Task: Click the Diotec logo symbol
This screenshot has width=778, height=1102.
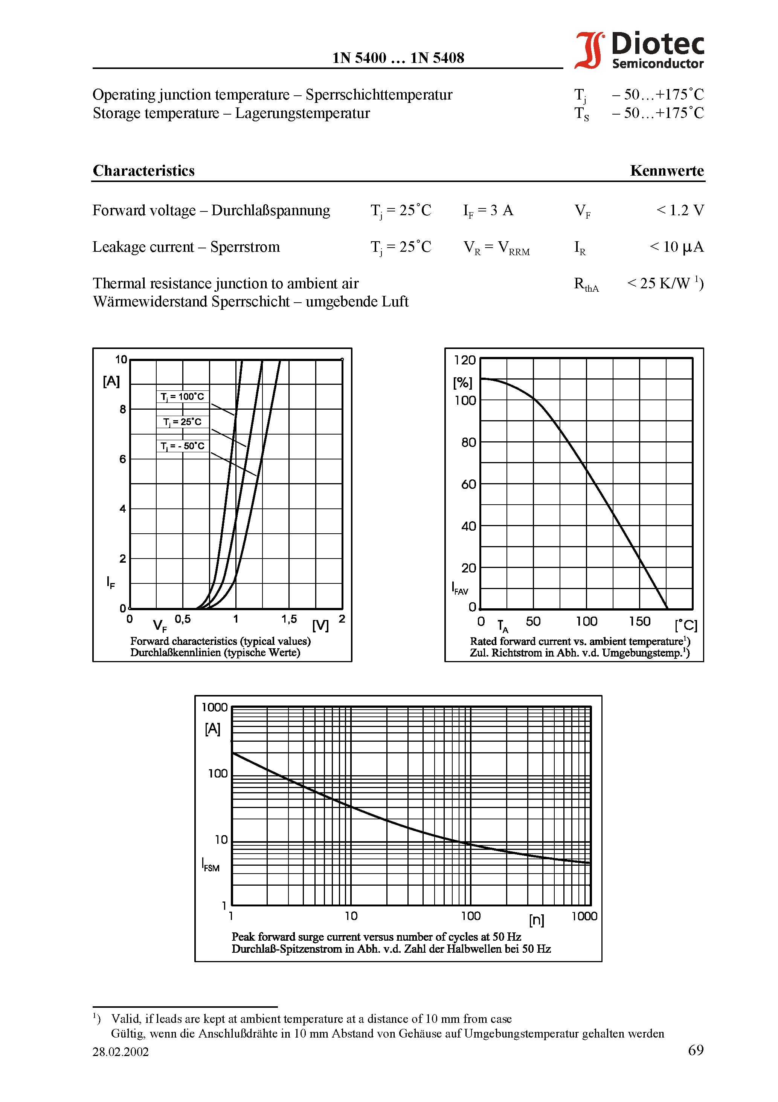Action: [589, 51]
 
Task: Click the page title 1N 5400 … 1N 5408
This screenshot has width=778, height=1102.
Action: [398, 58]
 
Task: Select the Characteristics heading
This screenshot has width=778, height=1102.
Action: [143, 171]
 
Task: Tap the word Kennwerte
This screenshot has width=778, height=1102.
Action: [667, 171]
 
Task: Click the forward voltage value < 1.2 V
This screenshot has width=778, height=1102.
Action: [680, 210]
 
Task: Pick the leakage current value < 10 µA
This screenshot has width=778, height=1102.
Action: [676, 247]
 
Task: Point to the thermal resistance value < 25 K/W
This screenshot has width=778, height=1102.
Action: [665, 283]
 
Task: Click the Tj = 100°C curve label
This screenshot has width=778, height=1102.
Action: [182, 396]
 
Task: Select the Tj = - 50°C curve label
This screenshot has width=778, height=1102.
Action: [182, 446]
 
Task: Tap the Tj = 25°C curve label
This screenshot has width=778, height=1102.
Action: [182, 422]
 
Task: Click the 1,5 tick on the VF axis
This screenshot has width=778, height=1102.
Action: [289, 619]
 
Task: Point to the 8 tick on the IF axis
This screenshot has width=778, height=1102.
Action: [123, 409]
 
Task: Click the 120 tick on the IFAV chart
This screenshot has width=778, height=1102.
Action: [464, 360]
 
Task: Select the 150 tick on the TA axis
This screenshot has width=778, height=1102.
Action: [639, 621]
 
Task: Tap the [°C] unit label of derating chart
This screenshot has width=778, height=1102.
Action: [686, 625]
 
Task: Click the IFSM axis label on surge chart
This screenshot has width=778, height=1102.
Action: [211, 865]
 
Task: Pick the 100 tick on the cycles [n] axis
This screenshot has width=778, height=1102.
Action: [471, 916]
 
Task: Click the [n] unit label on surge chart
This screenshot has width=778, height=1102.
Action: [536, 920]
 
